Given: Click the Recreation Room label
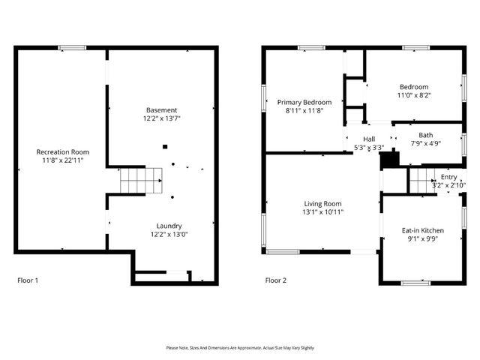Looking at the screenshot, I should coord(58,151).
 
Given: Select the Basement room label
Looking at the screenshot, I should coord(161,110).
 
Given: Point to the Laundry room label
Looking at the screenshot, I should coord(168,226).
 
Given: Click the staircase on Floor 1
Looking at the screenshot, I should coord(141,180).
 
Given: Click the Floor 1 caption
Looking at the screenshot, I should coord(28,280).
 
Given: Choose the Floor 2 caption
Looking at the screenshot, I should coord(276,280).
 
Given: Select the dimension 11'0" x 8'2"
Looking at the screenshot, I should coord(413,95).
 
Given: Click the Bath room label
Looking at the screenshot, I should coord(425,135).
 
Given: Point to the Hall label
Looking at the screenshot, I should coord(369,139).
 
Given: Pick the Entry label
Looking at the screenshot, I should coord(448,177).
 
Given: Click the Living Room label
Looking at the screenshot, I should coord(322,203).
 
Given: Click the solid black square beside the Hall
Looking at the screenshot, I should coord(388,159).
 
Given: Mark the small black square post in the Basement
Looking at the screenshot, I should coord(166,148).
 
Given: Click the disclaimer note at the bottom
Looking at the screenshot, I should coord(240,348).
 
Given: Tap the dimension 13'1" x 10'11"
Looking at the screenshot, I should coord(322,212).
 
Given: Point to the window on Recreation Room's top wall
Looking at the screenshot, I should coord(72,48).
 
